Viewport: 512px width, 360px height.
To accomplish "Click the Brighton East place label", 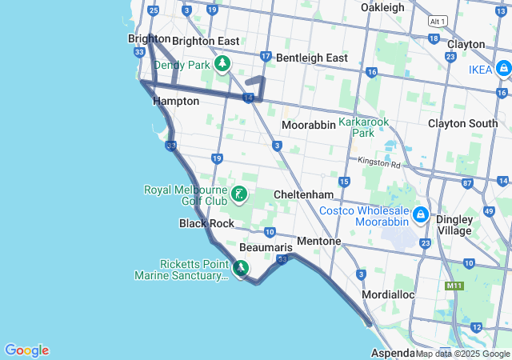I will coord(206,41).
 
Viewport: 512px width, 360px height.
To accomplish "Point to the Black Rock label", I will coord(206,223).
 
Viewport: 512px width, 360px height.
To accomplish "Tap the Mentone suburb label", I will coord(319,241).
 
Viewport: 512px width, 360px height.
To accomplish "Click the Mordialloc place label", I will coord(388,294).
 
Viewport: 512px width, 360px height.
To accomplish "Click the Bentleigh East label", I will coord(312,58).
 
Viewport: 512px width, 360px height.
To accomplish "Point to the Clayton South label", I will coord(462,123).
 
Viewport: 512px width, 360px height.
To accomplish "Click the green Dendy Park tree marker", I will coord(222,64).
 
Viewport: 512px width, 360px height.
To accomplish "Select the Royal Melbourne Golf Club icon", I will coord(238,194).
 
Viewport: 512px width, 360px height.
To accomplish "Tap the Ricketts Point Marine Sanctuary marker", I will coord(242,269).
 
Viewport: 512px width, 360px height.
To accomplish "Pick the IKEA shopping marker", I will coord(503,70).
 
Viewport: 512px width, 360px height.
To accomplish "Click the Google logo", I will coord(26,350).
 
